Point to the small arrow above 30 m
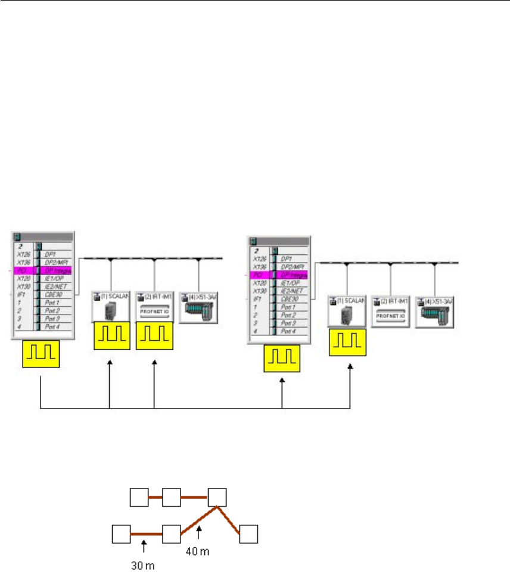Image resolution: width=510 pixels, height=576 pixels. coord(143,544)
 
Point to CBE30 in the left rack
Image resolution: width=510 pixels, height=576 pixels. coord(54,294)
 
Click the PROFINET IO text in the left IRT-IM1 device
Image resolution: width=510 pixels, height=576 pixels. coord(154,311)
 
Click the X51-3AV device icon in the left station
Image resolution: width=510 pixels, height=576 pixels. coord(198,308)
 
